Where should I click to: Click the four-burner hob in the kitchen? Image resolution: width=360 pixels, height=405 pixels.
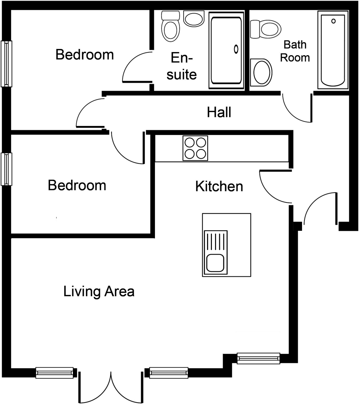point(195,148)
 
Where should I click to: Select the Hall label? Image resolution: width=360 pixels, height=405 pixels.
point(219,112)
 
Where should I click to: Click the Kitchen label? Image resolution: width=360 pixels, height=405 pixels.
point(219,186)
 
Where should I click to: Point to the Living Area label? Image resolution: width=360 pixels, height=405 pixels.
point(99,292)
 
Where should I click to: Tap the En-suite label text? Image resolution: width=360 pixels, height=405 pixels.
point(182,66)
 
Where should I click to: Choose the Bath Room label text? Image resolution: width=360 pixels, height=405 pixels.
point(295,51)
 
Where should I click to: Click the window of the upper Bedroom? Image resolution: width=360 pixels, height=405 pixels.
point(6,63)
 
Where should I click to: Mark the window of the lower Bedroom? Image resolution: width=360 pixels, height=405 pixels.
point(6,169)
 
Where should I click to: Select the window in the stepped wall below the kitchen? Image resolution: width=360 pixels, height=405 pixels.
point(258,358)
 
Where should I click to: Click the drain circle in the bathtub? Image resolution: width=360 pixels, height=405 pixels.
point(333,21)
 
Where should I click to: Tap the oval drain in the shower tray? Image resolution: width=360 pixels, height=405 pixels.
point(236,49)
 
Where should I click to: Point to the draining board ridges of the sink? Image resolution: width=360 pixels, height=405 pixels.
point(216,242)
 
